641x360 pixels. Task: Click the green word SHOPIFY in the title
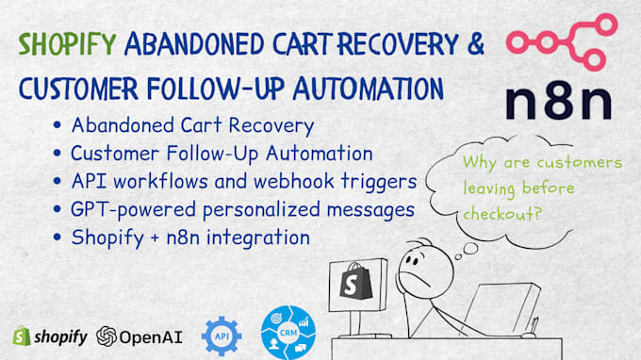(68, 44)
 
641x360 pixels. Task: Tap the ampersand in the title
(476, 43)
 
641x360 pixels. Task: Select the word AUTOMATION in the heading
(369, 88)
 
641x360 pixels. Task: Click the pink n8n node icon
(562, 42)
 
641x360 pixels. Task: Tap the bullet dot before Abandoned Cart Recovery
(58, 124)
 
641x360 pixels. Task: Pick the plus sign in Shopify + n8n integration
(155, 238)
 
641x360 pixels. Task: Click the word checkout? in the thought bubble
(502, 213)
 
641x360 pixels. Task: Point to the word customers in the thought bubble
(580, 163)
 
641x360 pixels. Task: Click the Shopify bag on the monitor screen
(355, 281)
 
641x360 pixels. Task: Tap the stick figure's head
(425, 270)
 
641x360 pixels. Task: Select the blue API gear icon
(222, 336)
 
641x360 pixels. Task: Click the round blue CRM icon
(288, 333)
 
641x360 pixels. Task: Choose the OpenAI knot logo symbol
(107, 336)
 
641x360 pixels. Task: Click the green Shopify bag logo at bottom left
(22, 335)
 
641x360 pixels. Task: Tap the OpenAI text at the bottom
(151, 337)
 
